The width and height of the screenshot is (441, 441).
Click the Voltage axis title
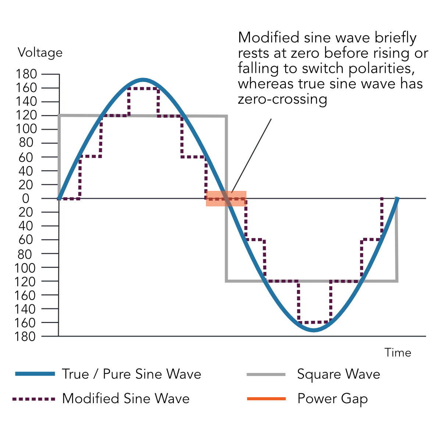pyautogui.click(x=40, y=53)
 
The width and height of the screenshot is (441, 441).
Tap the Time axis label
pyautogui.click(x=398, y=353)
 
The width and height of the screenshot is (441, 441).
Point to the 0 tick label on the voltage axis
pyautogui.click(x=25, y=199)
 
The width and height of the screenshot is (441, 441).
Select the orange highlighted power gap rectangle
pyautogui.click(x=226, y=198)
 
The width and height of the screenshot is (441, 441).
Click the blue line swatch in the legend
pyautogui.click(x=35, y=374)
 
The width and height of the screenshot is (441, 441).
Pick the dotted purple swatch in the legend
pyautogui.click(x=34, y=399)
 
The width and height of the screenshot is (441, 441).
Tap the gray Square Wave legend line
pyautogui.click(x=266, y=374)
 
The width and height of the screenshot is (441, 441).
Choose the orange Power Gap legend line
pyautogui.click(x=266, y=399)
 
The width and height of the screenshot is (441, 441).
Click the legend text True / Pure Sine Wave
pyautogui.click(x=132, y=374)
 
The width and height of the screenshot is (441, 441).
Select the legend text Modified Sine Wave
pyautogui.click(x=126, y=399)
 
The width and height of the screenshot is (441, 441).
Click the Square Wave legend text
pyautogui.click(x=338, y=374)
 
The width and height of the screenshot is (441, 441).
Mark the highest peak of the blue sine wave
pyautogui.click(x=143, y=80)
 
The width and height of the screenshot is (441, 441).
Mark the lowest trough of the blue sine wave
pyautogui.click(x=313, y=330)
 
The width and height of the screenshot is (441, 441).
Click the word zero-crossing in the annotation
pyautogui.click(x=282, y=99)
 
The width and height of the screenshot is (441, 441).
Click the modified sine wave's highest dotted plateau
pyautogui.click(x=143, y=88)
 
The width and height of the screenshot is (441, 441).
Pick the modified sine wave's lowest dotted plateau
pyautogui.click(x=314, y=323)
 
